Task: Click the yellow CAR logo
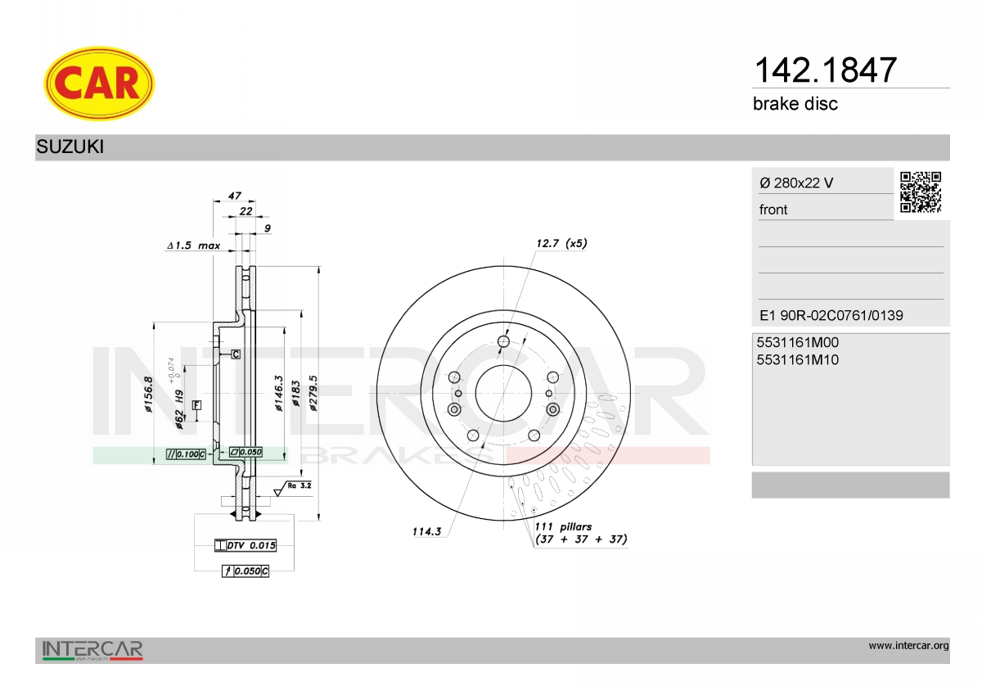point(99,83)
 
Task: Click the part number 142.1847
point(825,70)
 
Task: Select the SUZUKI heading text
point(70,147)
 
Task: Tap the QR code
point(921,192)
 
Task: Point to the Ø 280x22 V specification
point(796,183)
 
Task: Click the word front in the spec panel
point(773,210)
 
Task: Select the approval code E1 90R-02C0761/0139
point(831,315)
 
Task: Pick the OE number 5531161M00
point(797,342)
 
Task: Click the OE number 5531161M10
point(797,360)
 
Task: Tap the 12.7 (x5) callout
point(561,243)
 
